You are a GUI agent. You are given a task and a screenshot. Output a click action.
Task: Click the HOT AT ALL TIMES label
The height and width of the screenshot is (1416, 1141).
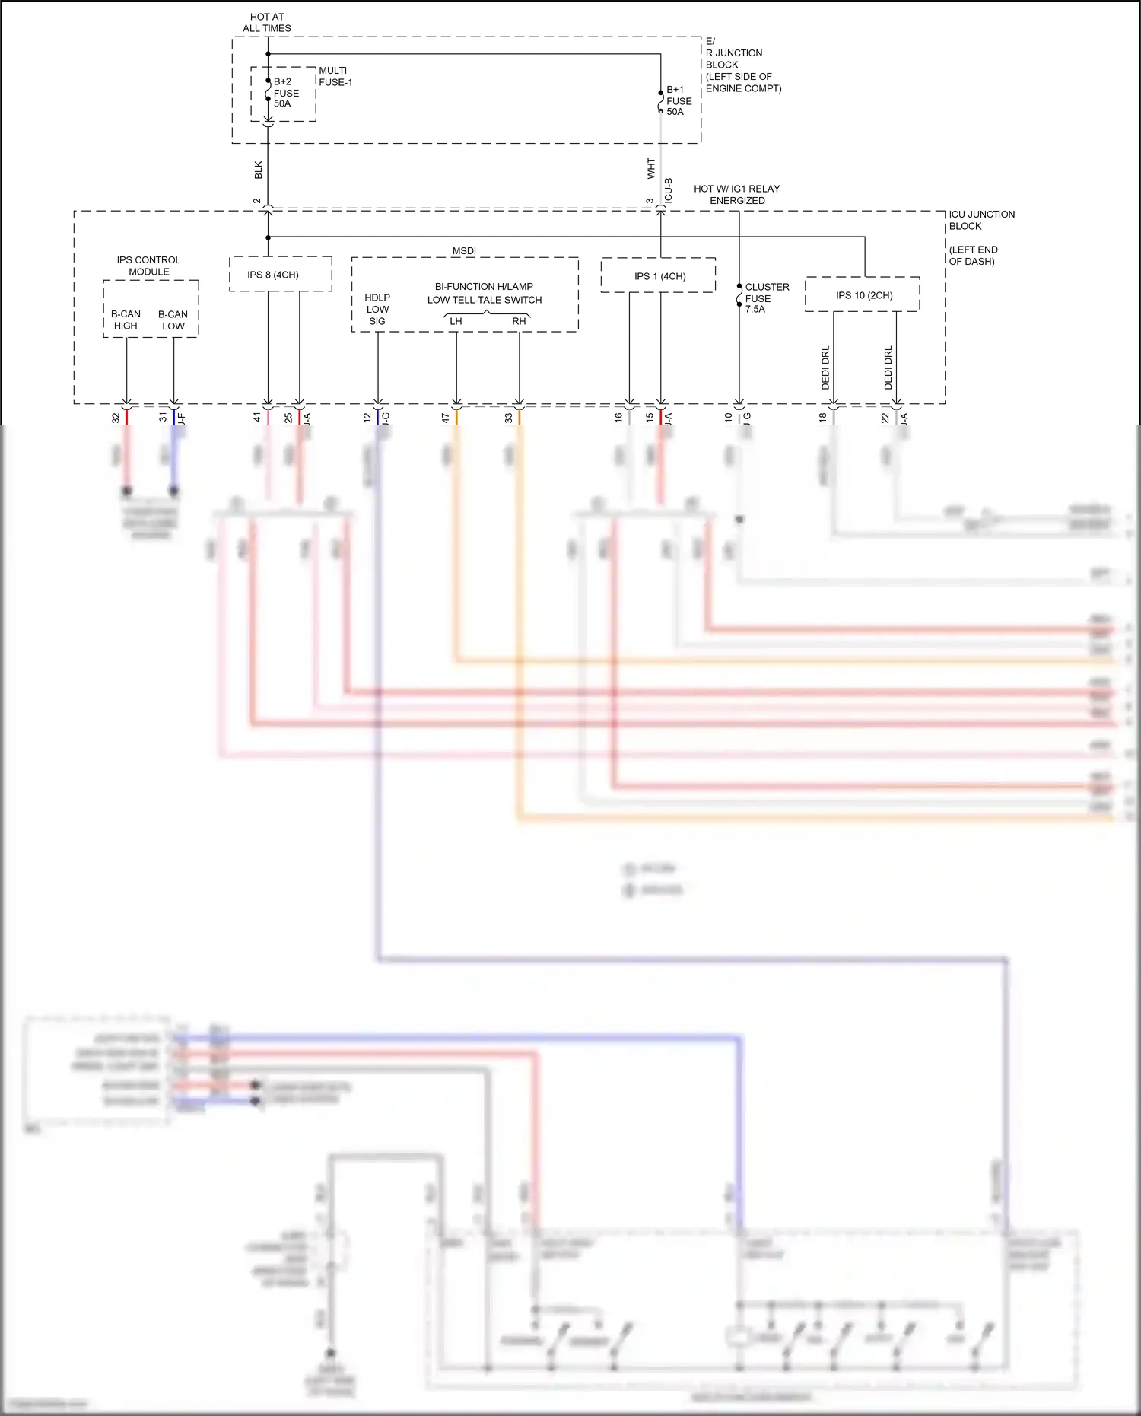(x=267, y=22)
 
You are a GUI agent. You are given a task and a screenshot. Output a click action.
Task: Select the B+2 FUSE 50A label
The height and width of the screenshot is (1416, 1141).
(x=286, y=93)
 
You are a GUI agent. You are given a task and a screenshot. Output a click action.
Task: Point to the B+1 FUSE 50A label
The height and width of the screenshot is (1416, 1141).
(x=679, y=100)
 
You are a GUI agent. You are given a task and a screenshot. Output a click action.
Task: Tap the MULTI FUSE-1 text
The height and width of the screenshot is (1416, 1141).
(x=335, y=76)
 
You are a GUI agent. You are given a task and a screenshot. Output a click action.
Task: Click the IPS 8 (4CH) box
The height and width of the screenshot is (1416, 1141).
(x=273, y=275)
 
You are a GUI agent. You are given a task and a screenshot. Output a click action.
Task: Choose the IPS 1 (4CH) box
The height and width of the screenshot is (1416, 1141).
(x=659, y=276)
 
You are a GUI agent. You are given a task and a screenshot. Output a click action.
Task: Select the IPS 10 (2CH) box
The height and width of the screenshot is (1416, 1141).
(x=864, y=295)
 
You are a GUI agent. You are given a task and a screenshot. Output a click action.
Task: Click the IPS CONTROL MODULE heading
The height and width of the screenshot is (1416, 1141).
(x=148, y=266)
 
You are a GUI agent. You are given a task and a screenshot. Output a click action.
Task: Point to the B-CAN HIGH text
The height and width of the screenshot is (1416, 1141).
(x=126, y=320)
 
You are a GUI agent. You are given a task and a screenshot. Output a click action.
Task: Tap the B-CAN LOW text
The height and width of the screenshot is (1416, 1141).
(x=173, y=320)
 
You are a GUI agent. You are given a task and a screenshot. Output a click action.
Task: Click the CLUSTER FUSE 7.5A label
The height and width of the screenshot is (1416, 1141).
(x=766, y=298)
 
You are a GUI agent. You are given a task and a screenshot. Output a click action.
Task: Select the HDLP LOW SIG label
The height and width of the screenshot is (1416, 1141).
(x=377, y=309)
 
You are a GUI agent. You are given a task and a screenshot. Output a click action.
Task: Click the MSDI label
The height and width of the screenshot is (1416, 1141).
(x=464, y=250)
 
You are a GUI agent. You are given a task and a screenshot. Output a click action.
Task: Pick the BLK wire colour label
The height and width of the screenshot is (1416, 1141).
(x=259, y=170)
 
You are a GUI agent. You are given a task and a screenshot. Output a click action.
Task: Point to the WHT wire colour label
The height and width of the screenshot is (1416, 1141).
(x=651, y=168)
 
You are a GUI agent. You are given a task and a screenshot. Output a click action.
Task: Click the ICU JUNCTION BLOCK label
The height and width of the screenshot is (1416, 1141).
(x=981, y=220)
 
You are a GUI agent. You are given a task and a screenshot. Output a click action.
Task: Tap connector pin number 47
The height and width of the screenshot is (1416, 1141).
(x=446, y=418)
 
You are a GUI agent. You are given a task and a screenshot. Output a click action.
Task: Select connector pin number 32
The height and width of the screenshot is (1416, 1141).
(x=116, y=418)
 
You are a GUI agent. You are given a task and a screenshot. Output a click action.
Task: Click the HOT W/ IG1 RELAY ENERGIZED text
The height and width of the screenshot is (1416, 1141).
(x=736, y=194)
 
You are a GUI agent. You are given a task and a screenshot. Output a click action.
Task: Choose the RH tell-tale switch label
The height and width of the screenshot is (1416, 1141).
(x=519, y=321)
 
